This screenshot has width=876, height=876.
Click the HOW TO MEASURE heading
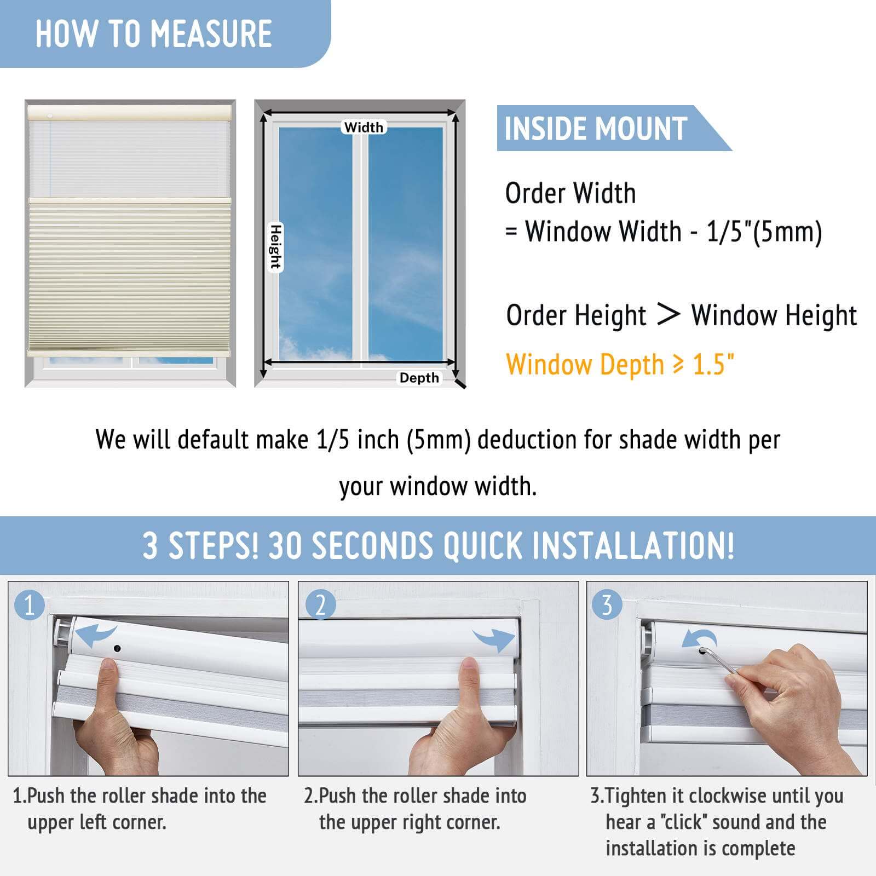click(x=154, y=34)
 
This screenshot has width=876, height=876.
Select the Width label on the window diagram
click(x=364, y=127)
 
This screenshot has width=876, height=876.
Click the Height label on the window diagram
click(x=275, y=247)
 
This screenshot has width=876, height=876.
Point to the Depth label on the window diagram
click(x=419, y=378)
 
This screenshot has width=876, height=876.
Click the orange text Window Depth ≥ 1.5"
click(x=620, y=365)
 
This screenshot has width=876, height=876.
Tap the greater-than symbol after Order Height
click(x=668, y=315)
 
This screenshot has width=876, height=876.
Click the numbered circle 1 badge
click(x=30, y=606)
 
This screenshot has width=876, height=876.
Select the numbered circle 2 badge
click(x=320, y=606)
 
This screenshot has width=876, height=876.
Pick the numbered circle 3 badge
click(x=607, y=606)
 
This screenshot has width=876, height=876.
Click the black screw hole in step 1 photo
click(x=117, y=649)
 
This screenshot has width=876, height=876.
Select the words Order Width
click(x=570, y=193)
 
